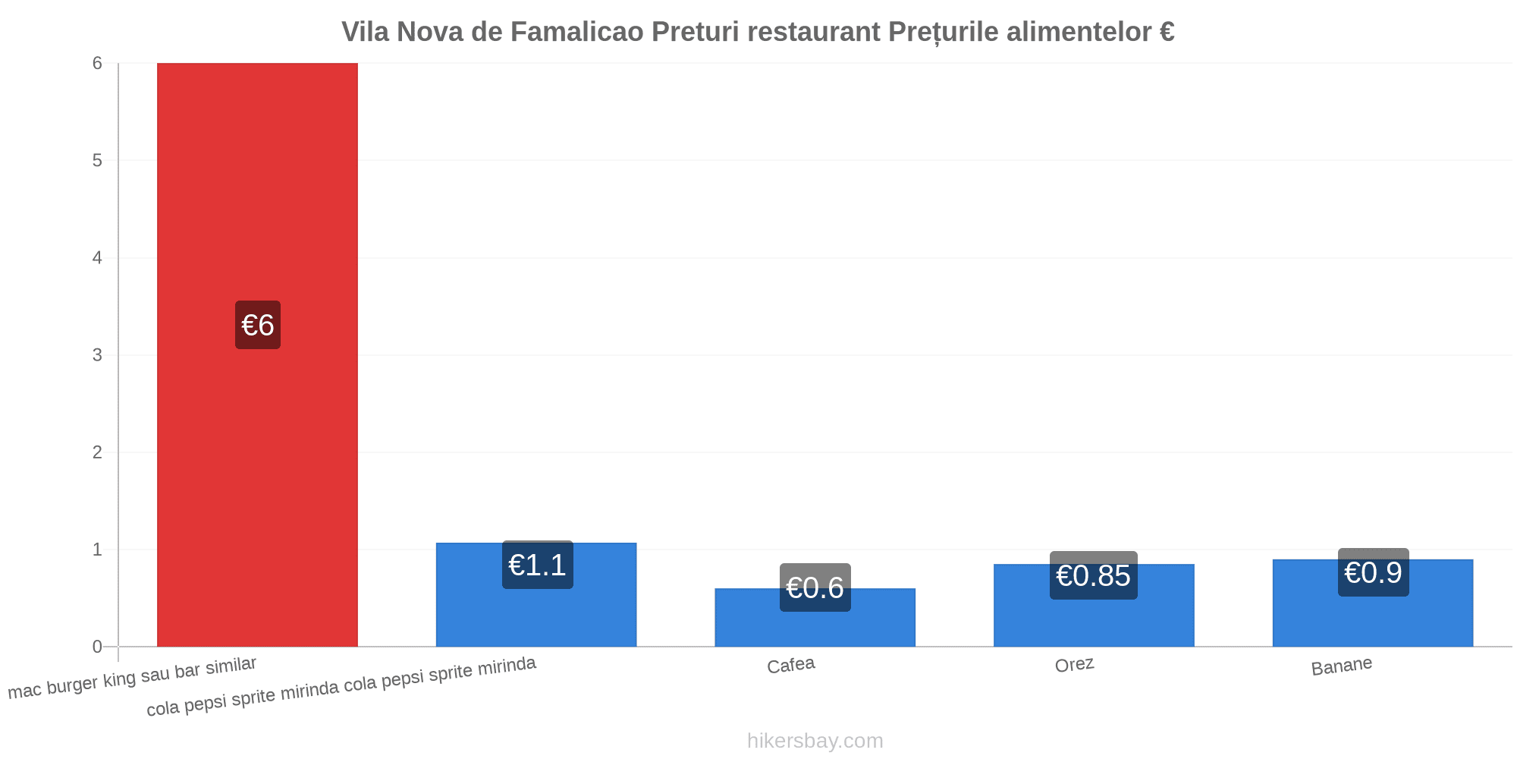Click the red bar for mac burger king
coord(257,354)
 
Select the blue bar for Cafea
coord(815,618)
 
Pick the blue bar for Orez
coord(1094,606)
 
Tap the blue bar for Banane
coord(1373,603)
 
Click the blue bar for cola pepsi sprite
coord(536,595)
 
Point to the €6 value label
coord(258,325)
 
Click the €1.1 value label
coord(538,565)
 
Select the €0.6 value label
coord(815,587)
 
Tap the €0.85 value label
coord(1094,575)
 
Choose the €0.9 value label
coord(1374,572)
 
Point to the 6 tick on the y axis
coord(98,64)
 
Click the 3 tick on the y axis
coord(98,355)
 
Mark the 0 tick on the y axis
coord(98,647)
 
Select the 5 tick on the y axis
coord(98,161)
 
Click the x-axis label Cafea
coord(791,666)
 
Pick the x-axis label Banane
coord(1342,666)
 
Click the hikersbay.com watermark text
coord(815,741)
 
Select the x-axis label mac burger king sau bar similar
coord(133,678)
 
